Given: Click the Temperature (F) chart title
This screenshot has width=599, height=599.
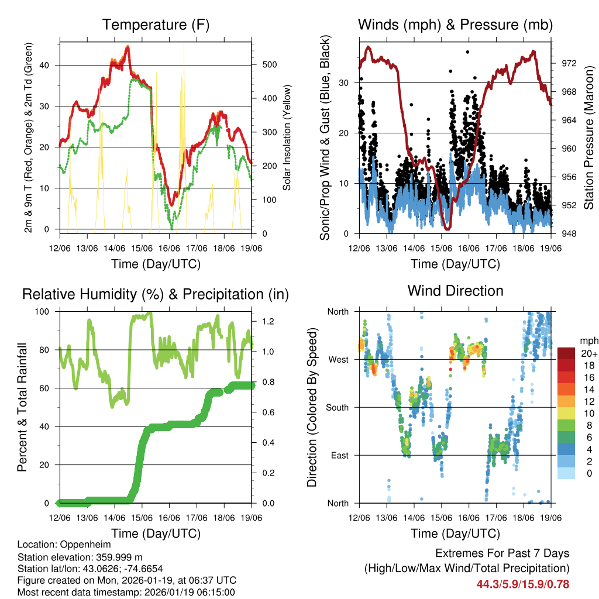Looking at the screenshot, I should click(x=156, y=25).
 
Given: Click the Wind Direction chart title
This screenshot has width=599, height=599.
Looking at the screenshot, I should click(x=455, y=291).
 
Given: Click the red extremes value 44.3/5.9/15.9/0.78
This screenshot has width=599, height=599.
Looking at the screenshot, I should click(x=523, y=584).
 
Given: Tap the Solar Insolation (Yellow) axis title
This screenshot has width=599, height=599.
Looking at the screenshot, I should click(x=287, y=137).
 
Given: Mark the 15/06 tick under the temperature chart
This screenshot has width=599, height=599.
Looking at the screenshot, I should click(x=142, y=240).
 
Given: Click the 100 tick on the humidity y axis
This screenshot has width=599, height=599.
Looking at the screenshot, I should click(x=47, y=312).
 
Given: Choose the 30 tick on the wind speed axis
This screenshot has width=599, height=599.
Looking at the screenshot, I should click(x=345, y=83).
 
